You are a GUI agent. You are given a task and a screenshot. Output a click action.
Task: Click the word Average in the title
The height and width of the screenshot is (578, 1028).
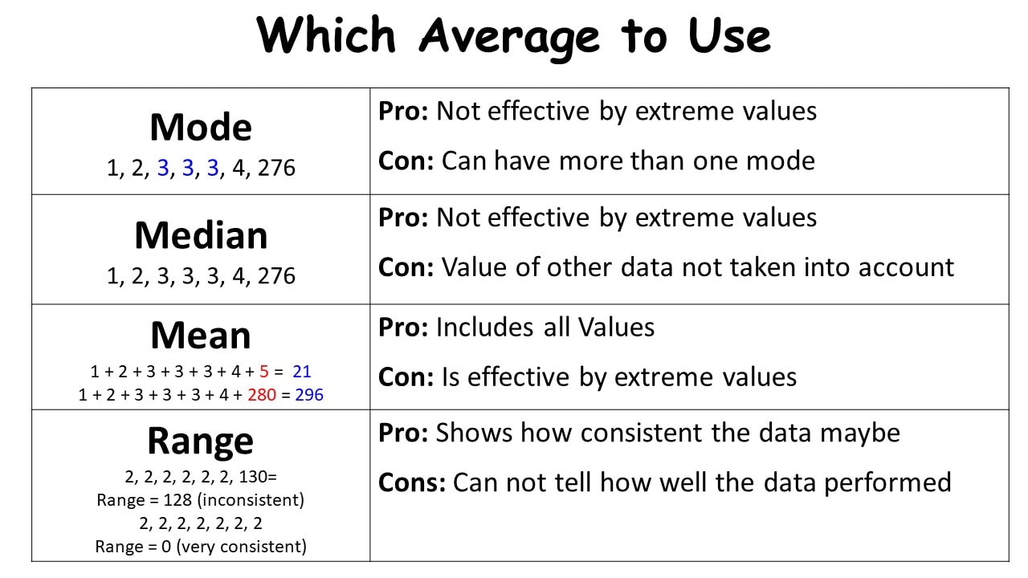509,38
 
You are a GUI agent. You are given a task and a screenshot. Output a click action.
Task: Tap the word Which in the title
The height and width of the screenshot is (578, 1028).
326,34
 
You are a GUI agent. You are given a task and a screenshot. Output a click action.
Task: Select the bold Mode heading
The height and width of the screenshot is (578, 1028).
201,127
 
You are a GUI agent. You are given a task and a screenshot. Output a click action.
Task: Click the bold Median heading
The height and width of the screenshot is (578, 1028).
201,235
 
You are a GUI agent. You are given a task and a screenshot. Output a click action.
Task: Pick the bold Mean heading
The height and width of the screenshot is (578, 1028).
201,336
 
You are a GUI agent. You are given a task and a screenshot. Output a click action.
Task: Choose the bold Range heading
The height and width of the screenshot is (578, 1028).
201,442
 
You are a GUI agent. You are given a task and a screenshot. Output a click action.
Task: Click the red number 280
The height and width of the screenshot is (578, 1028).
262,394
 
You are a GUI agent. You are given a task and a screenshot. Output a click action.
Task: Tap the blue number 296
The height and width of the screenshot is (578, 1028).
309,394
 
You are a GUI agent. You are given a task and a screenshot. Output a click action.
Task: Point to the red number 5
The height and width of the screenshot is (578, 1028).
264,371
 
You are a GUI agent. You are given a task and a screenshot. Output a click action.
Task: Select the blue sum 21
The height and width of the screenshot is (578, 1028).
301,371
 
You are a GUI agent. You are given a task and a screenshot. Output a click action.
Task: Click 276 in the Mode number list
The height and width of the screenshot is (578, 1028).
276,168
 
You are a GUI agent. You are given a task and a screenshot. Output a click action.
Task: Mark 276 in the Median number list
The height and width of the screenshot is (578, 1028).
276,275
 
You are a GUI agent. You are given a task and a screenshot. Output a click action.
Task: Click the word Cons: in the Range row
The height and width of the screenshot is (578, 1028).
412,482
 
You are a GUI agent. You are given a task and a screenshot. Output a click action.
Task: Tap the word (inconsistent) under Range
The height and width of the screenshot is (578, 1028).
251,500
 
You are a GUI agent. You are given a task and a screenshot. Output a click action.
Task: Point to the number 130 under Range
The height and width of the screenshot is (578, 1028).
252,477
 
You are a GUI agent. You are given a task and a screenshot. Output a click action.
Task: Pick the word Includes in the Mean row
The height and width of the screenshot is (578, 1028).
484,328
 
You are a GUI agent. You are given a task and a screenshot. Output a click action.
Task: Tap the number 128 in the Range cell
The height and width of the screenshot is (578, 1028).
177,500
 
